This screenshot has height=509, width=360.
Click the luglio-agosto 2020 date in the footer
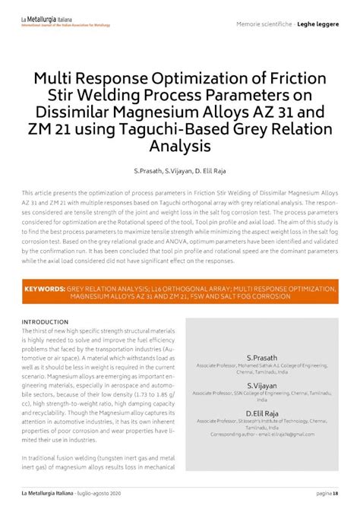[x=98, y=493]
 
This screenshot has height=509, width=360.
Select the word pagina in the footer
[x=321, y=493]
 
